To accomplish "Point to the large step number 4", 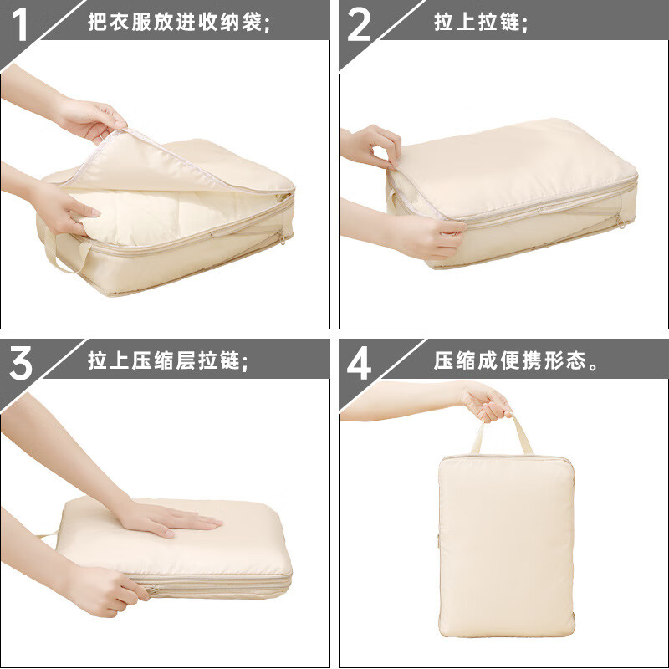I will (359, 365).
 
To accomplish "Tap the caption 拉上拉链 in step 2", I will (481, 23).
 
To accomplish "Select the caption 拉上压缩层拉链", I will (168, 362).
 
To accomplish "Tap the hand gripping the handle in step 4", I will (487, 401).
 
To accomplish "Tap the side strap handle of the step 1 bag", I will (63, 255).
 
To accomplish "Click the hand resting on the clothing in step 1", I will (67, 205).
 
